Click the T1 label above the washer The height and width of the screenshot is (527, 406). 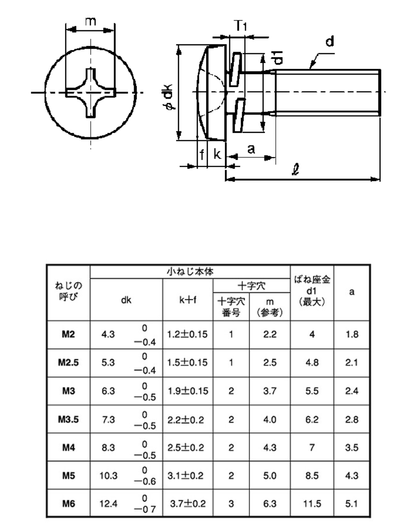pyautogui.click(x=240, y=25)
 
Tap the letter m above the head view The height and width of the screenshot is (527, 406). pyautogui.click(x=90, y=22)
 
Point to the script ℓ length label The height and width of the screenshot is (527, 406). pyautogui.click(x=296, y=169)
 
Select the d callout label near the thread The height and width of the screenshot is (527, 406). pyautogui.click(x=330, y=41)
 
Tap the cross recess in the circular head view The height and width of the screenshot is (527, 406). pyautogui.click(x=90, y=93)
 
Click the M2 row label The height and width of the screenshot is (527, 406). pyautogui.click(x=68, y=334)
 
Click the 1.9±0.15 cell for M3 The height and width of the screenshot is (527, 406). pyautogui.click(x=188, y=391)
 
